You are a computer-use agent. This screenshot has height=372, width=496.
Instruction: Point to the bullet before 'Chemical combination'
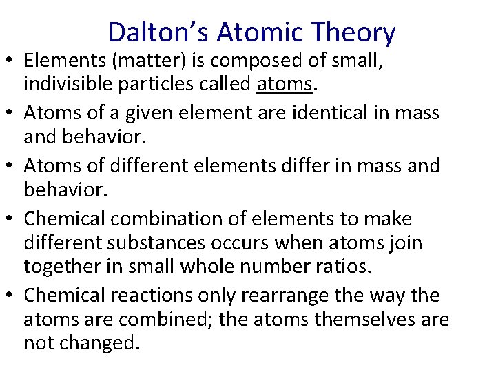pyautogui.click(x=12, y=220)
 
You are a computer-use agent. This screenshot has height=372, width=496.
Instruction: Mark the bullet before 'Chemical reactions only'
pyautogui.click(x=12, y=296)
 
